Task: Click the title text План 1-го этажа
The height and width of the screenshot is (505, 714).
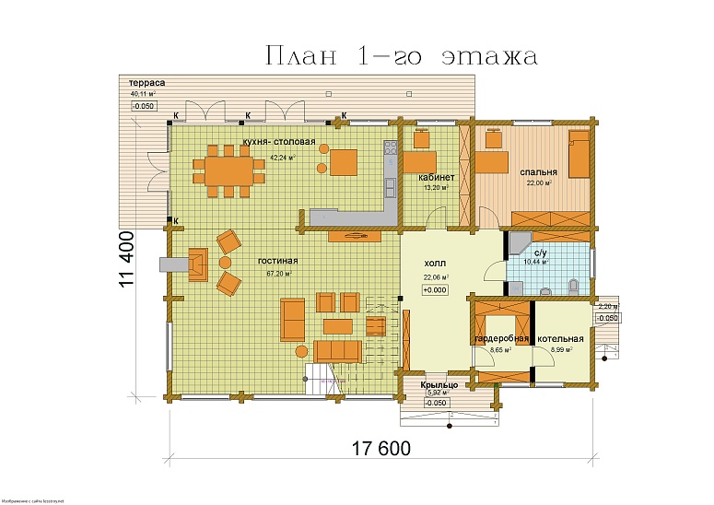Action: (401, 57)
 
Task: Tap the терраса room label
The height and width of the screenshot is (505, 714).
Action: (147, 83)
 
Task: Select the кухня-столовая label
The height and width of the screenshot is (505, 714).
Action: (278, 142)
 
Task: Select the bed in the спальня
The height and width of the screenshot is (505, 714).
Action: (579, 153)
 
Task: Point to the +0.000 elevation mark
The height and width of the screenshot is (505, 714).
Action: (435, 290)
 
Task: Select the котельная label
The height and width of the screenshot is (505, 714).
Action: (561, 338)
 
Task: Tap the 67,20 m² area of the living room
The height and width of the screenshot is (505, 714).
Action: (279, 274)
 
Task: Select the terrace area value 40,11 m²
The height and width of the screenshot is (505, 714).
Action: (143, 94)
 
